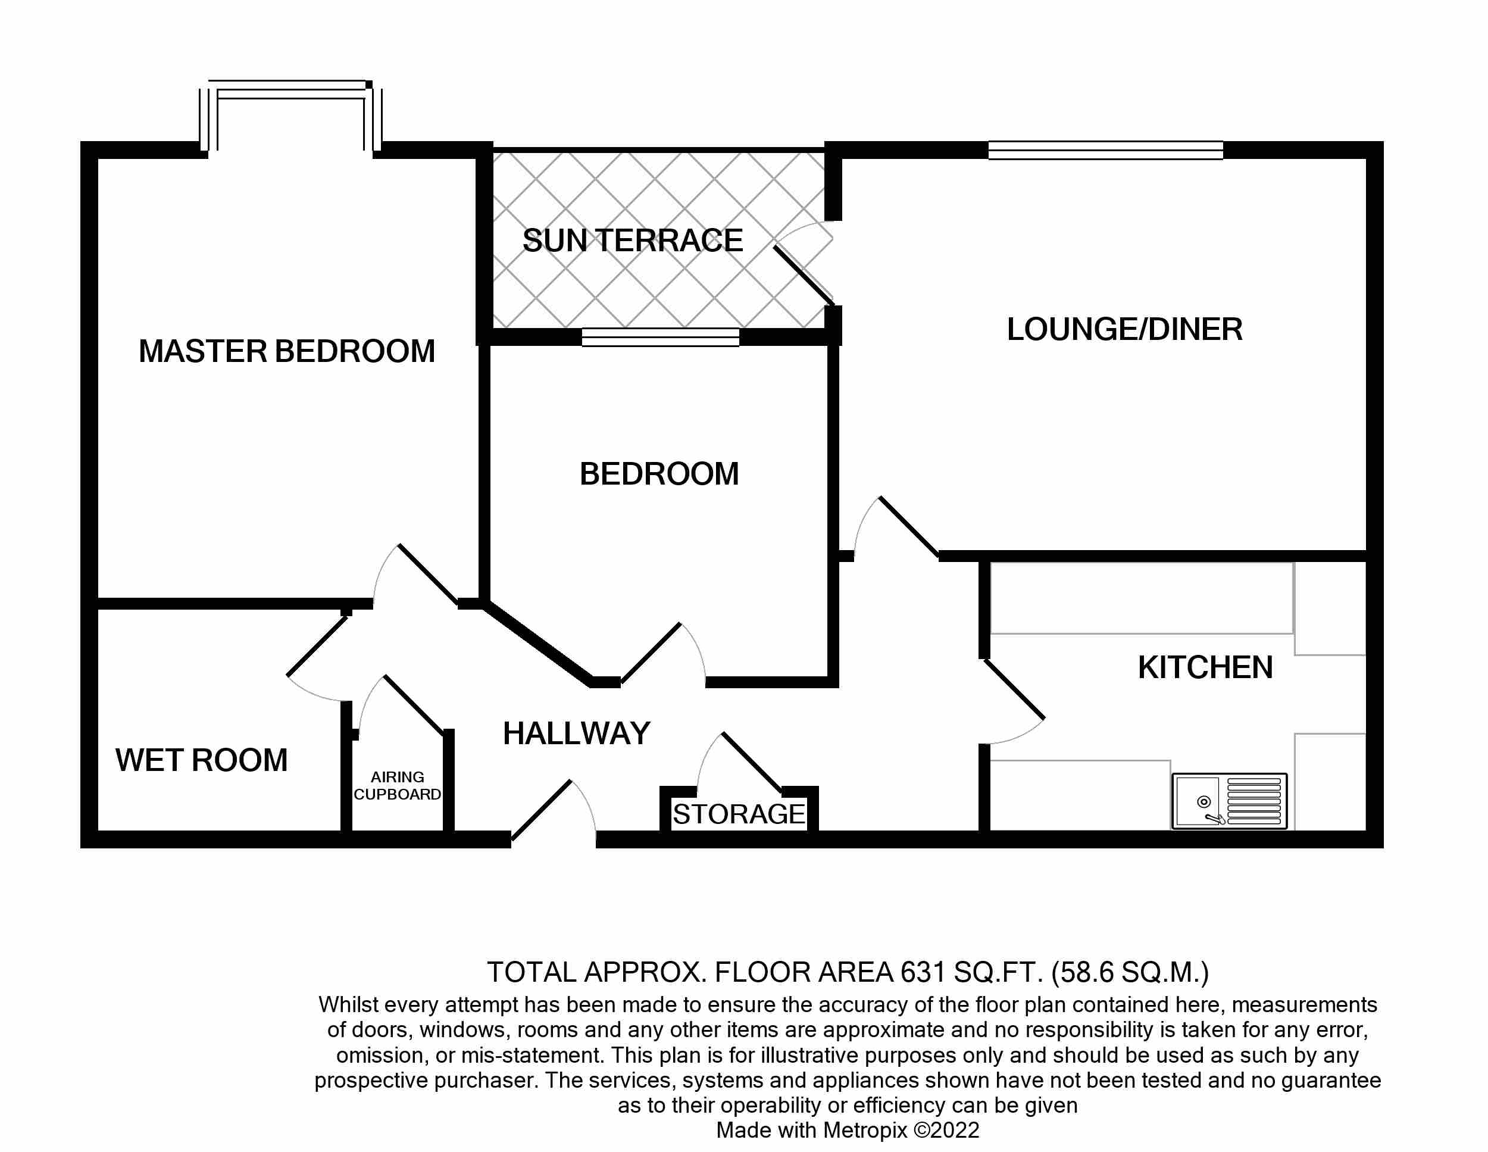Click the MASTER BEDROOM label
click(x=286, y=352)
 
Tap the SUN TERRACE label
click(x=632, y=241)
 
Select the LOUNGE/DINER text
click(x=1124, y=330)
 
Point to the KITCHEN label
click(x=1205, y=667)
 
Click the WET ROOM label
click(x=201, y=760)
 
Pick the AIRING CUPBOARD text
click(x=397, y=785)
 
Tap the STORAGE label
click(x=739, y=814)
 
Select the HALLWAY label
click(x=576, y=733)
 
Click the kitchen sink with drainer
click(x=1229, y=801)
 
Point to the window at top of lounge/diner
click(x=1105, y=150)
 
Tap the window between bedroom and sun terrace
click(x=660, y=337)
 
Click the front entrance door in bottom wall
click(x=542, y=810)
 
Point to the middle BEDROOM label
click(x=659, y=474)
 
